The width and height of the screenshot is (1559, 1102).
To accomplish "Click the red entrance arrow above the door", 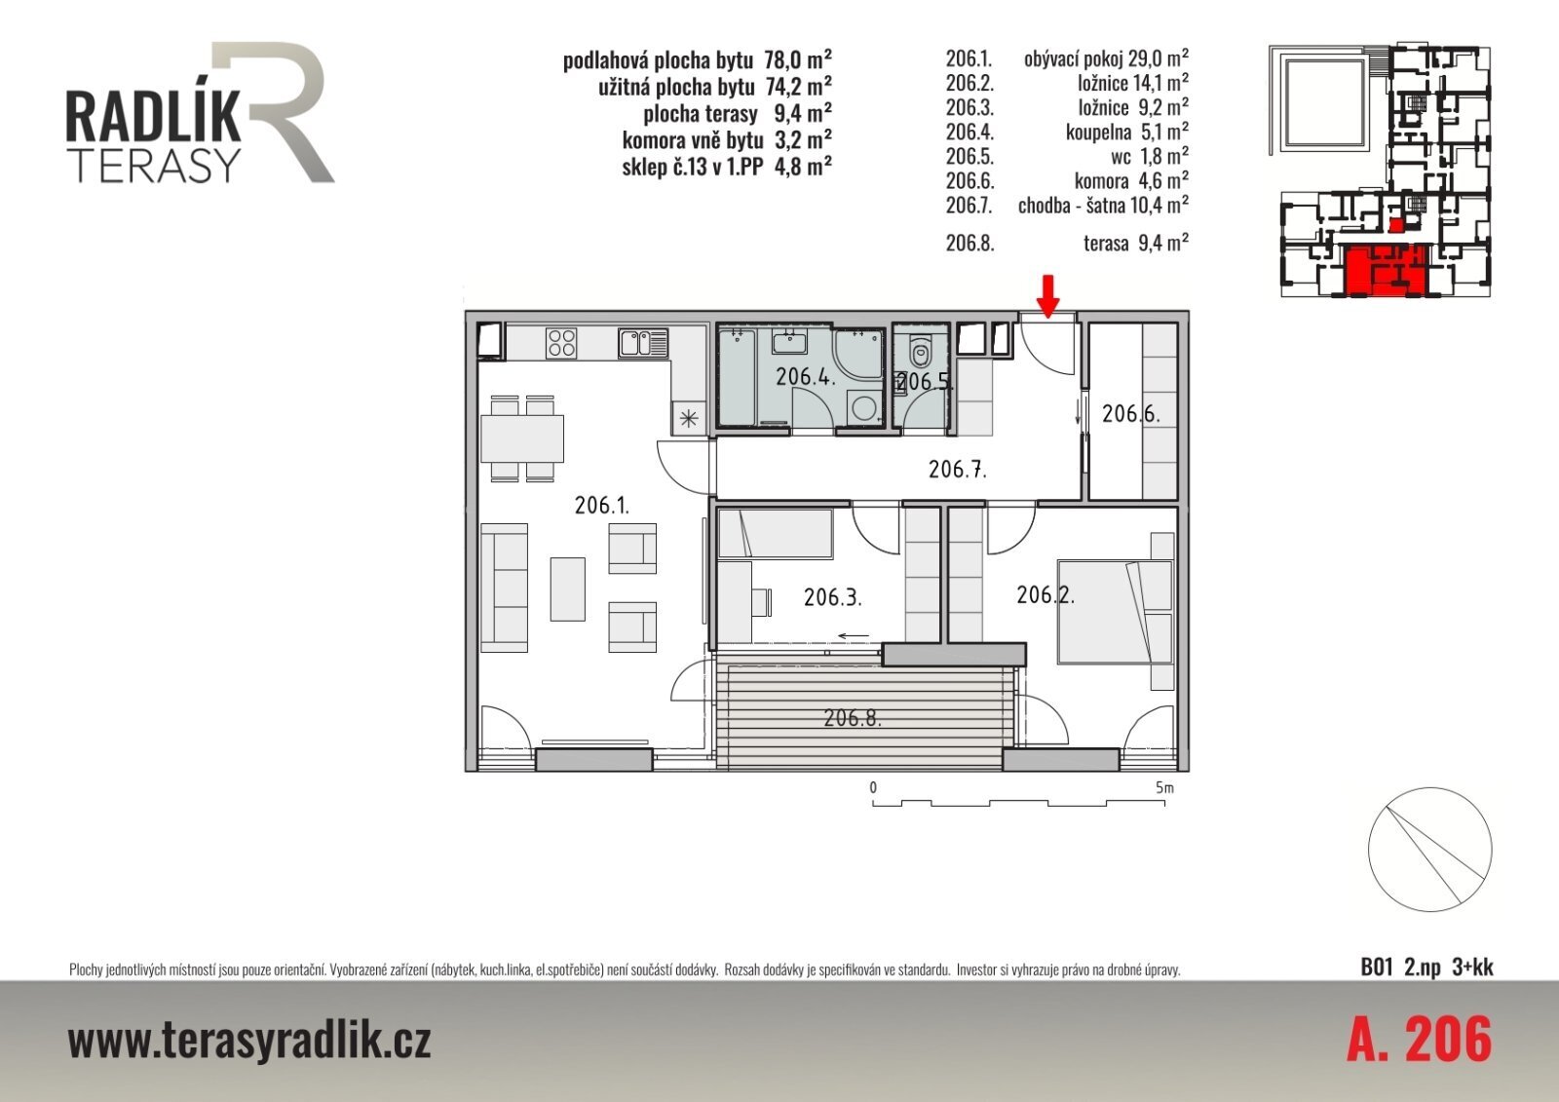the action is click(1047, 297).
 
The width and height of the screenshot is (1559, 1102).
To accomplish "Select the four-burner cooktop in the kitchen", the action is click(561, 343).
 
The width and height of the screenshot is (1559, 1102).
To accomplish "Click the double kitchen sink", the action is click(643, 343).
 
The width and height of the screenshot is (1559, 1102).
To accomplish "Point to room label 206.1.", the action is click(602, 505).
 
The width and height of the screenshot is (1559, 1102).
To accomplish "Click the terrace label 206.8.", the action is click(853, 718).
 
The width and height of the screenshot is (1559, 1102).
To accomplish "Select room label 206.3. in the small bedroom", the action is click(833, 597).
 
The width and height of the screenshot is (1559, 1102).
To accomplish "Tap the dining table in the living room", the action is click(522, 437).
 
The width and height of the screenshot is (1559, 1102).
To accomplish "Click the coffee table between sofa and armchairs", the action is click(568, 589).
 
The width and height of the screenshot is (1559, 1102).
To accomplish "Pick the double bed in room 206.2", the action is click(1115, 612).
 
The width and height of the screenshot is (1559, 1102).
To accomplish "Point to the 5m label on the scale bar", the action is click(1164, 788).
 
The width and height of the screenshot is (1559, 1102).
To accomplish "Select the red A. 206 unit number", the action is click(1420, 1040).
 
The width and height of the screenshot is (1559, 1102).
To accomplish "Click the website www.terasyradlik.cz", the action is click(249, 1041).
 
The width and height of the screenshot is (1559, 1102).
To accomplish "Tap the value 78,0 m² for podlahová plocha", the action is click(798, 59).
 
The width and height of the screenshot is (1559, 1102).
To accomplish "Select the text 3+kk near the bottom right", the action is click(1472, 969).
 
